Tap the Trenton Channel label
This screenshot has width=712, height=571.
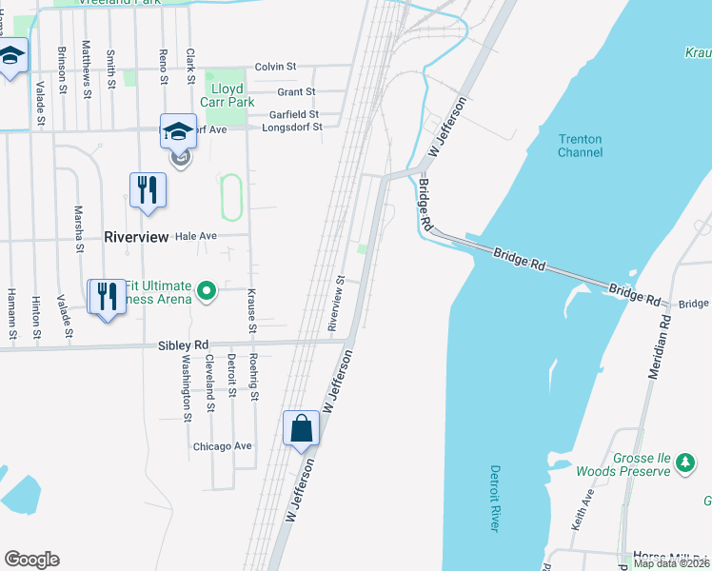(580, 146)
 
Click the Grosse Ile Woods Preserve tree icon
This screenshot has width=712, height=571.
(684, 463)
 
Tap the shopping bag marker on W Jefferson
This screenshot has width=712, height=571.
(301, 429)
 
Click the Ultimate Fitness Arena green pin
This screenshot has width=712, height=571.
(206, 289)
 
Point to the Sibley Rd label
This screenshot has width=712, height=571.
(183, 345)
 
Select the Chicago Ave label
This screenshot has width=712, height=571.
(222, 445)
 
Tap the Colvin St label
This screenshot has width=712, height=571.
(276, 67)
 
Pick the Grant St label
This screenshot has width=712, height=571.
(296, 92)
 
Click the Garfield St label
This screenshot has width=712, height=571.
(291, 114)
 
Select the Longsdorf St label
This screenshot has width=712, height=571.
(292, 127)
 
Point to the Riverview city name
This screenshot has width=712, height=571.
(136, 236)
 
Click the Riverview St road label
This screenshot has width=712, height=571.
(335, 305)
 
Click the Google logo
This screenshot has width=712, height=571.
(31, 560)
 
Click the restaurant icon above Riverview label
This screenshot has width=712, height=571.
(146, 188)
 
